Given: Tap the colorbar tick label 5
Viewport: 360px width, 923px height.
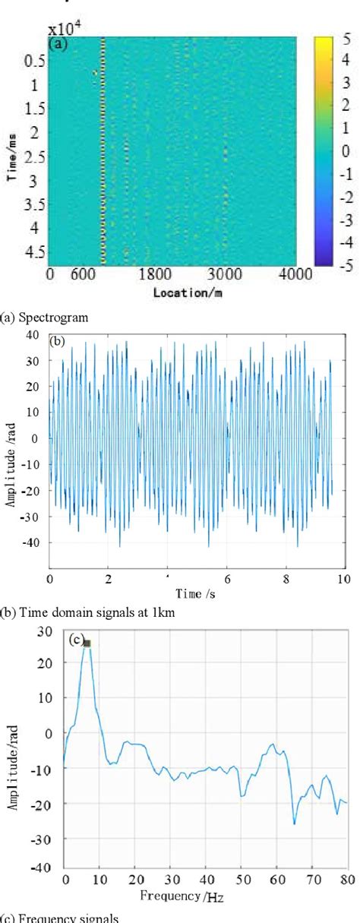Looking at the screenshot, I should (344, 45).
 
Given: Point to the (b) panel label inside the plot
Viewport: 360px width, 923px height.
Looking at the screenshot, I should (58, 342).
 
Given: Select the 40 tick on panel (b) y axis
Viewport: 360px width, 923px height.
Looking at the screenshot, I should (32, 334).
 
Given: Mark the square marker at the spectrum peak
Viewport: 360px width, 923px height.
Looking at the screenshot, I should (87, 643).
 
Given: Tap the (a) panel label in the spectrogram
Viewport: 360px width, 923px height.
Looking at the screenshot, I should (59, 44).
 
